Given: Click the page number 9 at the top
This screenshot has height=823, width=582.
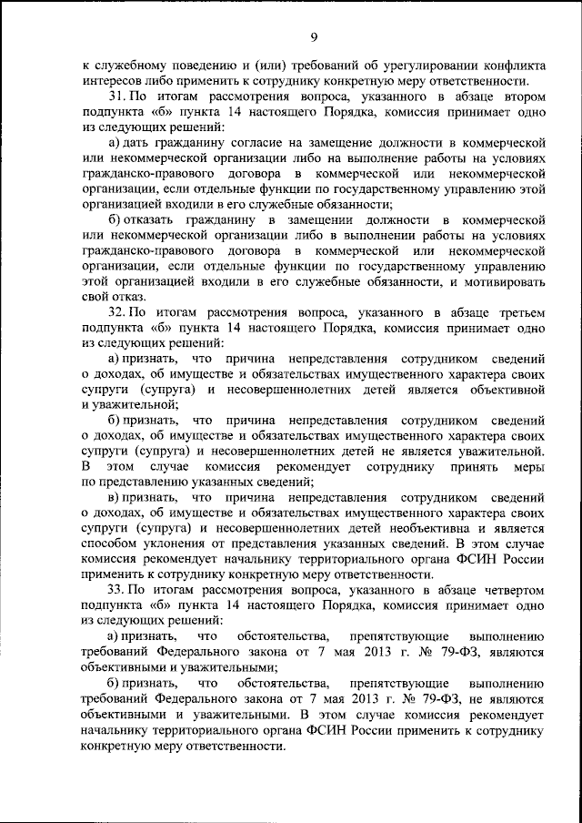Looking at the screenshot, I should click(313, 36).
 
